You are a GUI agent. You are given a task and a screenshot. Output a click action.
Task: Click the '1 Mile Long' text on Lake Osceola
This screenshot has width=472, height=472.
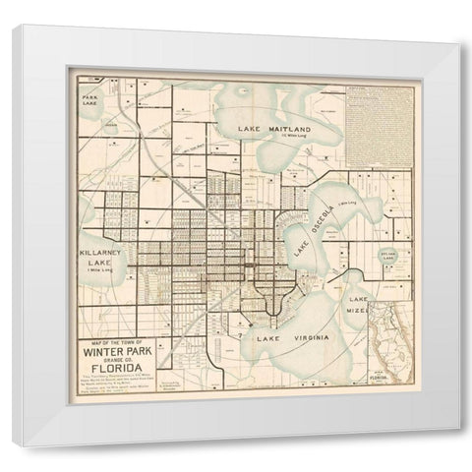click(345, 204)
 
